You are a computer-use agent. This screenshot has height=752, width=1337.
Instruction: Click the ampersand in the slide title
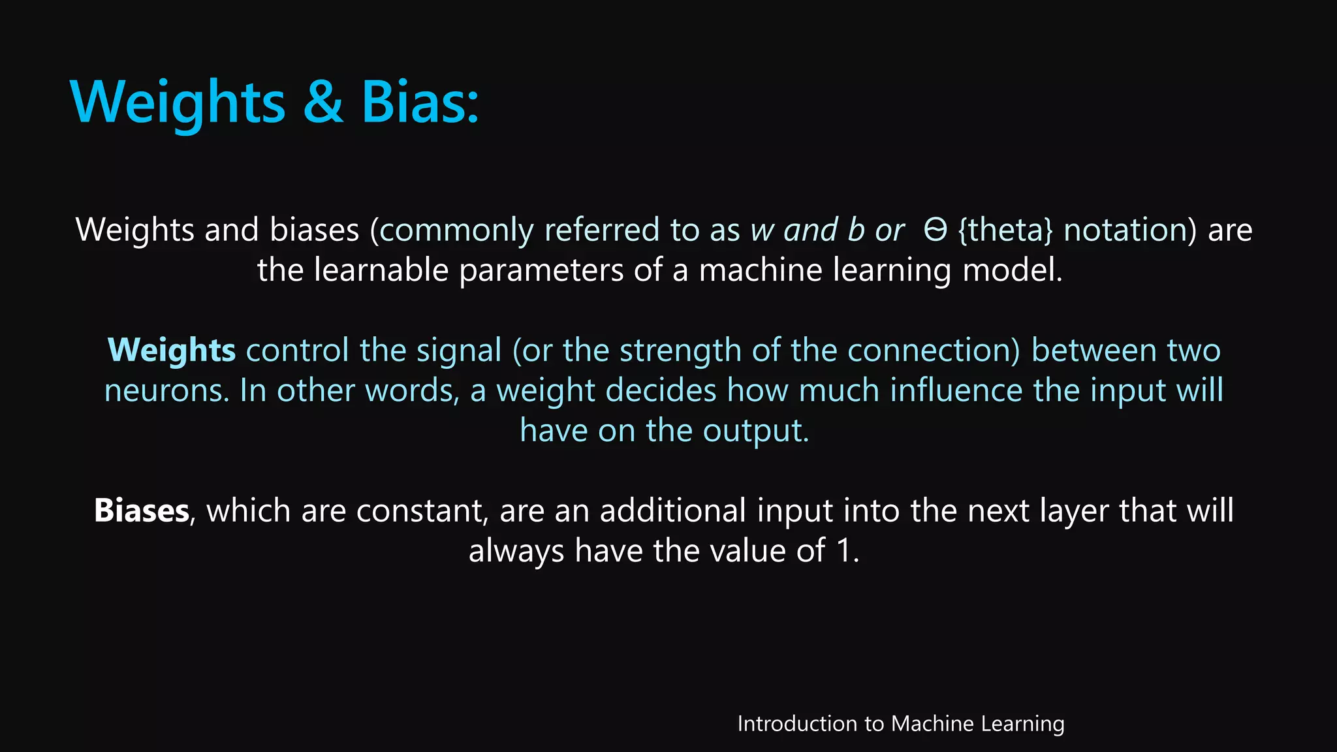tap(323, 103)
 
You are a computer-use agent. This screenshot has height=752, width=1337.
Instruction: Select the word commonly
tap(455, 230)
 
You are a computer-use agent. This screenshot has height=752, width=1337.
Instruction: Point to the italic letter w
tap(762, 230)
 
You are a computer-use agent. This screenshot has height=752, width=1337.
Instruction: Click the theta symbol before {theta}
tap(935, 230)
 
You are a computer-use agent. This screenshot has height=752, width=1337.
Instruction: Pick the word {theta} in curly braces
tap(1005, 230)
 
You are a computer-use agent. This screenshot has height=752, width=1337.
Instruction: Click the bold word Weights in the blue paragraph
tap(172, 351)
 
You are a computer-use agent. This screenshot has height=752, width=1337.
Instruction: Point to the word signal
tap(459, 351)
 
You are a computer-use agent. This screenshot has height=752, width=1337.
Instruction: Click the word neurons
tap(166, 391)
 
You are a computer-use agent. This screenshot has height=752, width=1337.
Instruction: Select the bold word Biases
tap(142, 510)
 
